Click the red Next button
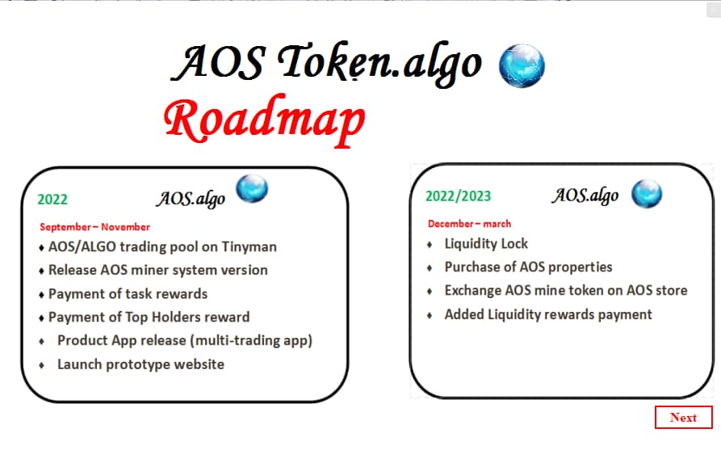tap(683, 418)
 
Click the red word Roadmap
tap(264, 121)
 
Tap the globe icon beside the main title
tap(522, 65)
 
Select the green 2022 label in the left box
tap(52, 200)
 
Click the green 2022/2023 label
tap(459, 196)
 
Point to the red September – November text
tap(95, 227)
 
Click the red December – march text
tap(469, 224)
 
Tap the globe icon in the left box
tap(252, 189)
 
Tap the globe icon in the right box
tap(646, 194)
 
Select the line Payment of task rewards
tap(128, 294)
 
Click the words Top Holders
tap(169, 318)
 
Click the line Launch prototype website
tap(140, 364)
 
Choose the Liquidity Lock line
tap(486, 243)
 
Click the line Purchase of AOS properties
tap(528, 267)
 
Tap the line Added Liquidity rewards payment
tap(548, 314)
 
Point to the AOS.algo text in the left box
tap(191, 199)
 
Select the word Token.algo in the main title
tap(380, 63)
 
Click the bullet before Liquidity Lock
tap(430, 244)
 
